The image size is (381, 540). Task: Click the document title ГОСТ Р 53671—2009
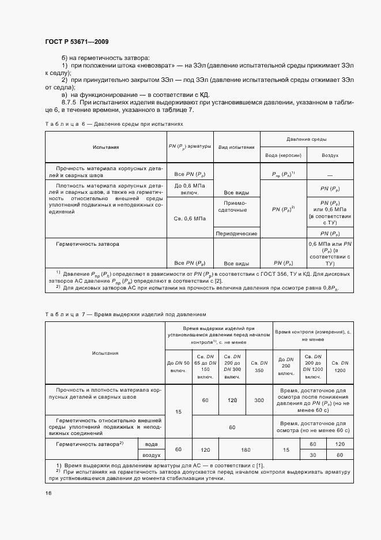click(x=76, y=42)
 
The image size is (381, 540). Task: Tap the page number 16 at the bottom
click(x=48, y=493)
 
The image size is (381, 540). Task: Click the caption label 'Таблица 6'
click(x=65, y=124)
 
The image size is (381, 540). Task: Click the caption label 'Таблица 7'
click(x=65, y=314)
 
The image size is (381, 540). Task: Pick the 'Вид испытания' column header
click(x=236, y=147)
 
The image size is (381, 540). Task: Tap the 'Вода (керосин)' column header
click(x=283, y=156)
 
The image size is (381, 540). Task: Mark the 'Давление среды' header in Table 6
click(x=307, y=139)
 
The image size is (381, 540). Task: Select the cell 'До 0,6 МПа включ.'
click(x=190, y=189)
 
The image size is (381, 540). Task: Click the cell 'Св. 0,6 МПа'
click(x=190, y=219)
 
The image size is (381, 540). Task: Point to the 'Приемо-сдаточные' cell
click(x=236, y=207)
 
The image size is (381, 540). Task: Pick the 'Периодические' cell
click(x=236, y=234)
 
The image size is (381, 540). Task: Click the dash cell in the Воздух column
click(x=330, y=174)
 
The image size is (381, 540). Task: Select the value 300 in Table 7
click(x=259, y=400)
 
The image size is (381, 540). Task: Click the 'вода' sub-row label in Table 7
click(x=150, y=443)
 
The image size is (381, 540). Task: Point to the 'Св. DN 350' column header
click(x=259, y=366)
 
